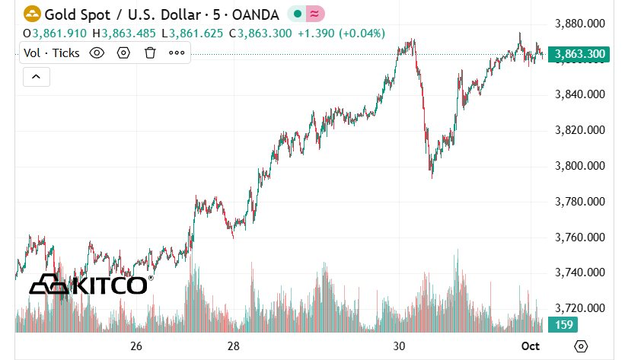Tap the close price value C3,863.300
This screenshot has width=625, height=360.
click(265, 33)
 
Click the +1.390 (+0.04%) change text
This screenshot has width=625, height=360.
click(341, 33)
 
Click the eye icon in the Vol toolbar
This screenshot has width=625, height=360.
click(97, 53)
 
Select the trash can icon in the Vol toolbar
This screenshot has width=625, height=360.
click(150, 53)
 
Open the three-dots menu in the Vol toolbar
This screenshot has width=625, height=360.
click(177, 53)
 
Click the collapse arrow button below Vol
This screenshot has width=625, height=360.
click(37, 76)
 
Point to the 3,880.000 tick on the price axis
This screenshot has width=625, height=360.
click(580, 24)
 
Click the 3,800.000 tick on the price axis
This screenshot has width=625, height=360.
click(580, 166)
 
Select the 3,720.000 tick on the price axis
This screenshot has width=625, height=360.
click(580, 308)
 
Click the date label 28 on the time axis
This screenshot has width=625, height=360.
click(234, 346)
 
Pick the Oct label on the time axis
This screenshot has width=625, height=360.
click(531, 346)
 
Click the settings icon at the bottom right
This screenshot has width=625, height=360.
click(581, 346)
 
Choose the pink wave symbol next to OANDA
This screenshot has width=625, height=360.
click(314, 14)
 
